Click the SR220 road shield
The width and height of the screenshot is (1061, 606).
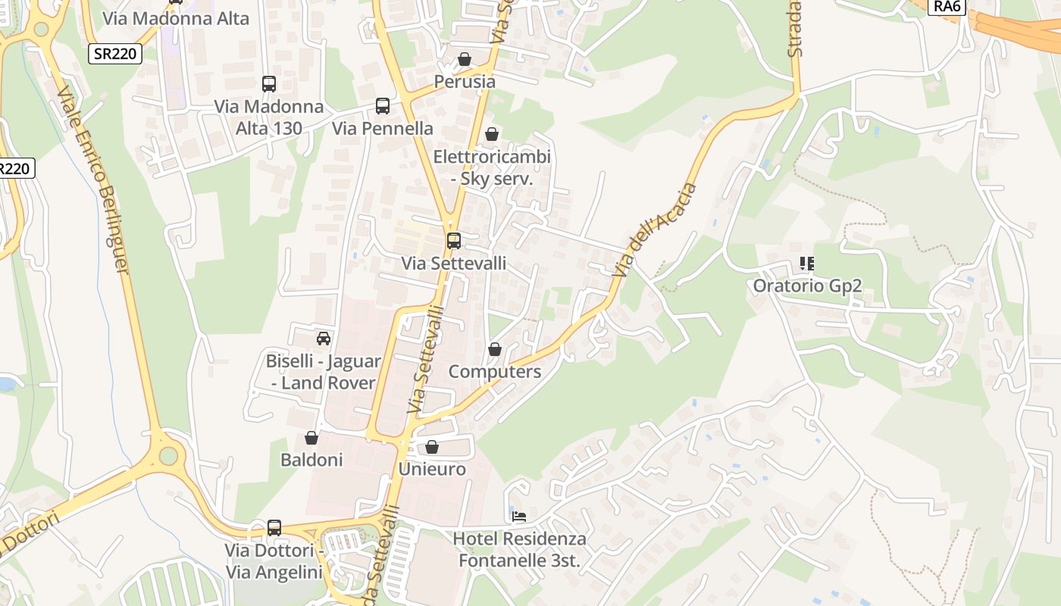115,54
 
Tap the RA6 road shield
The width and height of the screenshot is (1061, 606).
947,6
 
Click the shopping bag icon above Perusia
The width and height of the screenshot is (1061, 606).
465,59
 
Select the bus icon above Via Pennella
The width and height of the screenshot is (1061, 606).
383,106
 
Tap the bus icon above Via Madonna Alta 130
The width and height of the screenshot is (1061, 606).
268,84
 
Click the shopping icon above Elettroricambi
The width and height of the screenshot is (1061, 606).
492,134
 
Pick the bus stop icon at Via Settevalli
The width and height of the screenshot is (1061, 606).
453,241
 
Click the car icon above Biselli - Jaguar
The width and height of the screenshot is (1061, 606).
324,338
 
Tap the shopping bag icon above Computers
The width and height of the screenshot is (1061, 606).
495,349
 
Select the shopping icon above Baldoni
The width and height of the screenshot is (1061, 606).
311,438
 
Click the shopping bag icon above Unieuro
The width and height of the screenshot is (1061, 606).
432,447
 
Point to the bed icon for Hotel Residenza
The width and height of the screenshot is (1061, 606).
519,517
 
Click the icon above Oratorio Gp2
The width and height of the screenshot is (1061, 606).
807,264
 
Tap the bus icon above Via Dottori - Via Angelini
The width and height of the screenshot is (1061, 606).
274,527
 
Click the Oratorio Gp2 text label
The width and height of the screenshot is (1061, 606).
807,286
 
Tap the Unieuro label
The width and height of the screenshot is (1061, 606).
432,469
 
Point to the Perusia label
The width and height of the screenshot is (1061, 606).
465,81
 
